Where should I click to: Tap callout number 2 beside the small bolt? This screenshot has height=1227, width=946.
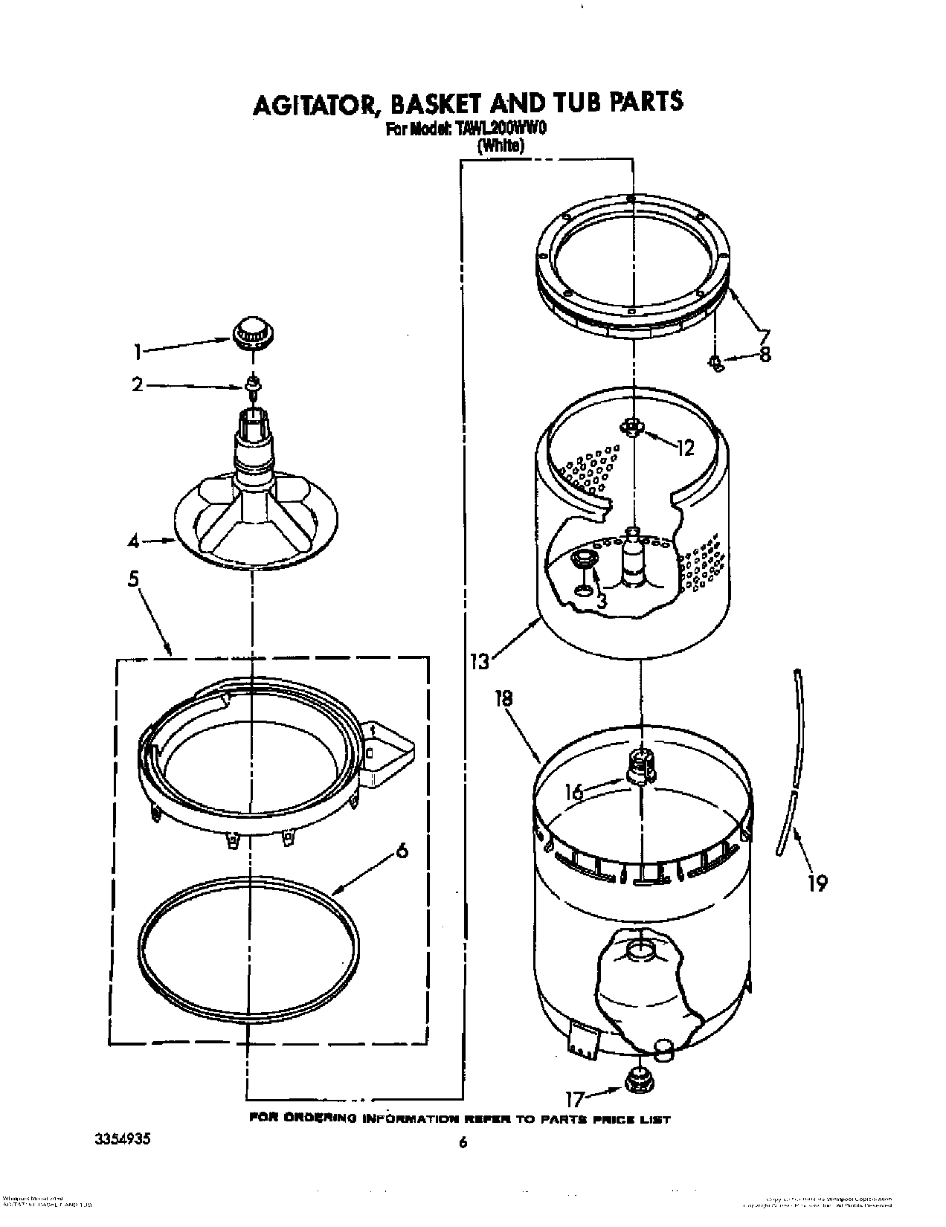click(137, 384)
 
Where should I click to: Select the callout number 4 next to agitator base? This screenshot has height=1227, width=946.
click(133, 542)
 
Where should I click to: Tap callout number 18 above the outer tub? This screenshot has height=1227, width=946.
click(503, 698)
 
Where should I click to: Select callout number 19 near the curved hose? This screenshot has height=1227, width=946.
click(817, 882)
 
